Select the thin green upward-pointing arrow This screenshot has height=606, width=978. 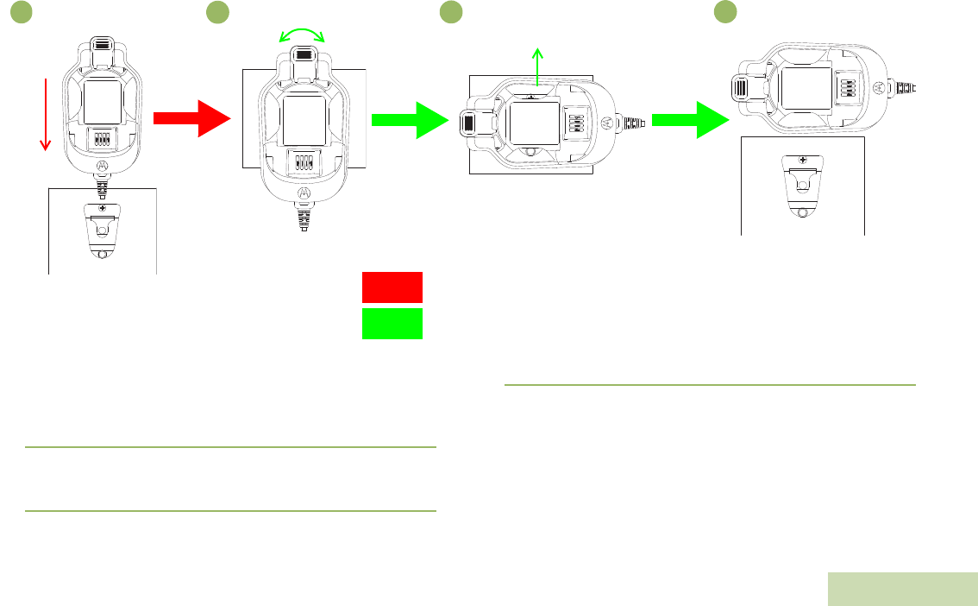pos(538,68)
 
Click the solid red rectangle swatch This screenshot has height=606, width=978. pos(392,287)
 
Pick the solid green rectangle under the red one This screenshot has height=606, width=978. pos(392,324)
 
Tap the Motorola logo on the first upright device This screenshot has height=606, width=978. pos(102,166)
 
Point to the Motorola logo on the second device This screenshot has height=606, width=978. pos(303,193)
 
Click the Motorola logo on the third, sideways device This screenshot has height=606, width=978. pos(609,122)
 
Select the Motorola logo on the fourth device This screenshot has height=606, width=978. pos(878,88)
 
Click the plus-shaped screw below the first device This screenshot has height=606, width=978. pos(102,209)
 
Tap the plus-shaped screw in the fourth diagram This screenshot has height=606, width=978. pos(803,160)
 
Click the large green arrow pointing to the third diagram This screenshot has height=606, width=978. pos(411,119)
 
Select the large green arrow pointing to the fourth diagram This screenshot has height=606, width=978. pos(690,119)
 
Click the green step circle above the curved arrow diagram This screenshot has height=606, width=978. pos(217,11)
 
